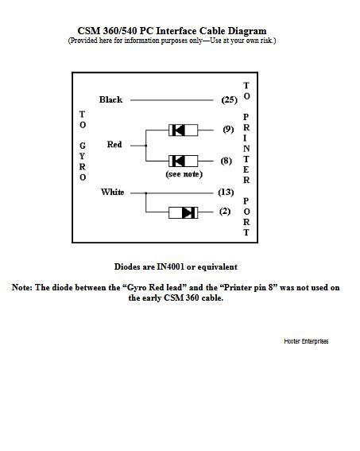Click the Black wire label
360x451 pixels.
click(x=110, y=99)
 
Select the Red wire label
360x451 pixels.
click(x=114, y=145)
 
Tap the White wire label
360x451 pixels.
click(x=112, y=192)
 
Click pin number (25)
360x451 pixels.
click(x=230, y=99)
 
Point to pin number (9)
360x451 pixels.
click(x=228, y=130)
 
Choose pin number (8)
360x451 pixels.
click(x=226, y=161)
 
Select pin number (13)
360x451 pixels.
click(x=226, y=192)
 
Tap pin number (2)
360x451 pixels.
click(x=225, y=212)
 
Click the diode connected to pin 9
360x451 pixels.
click(x=184, y=130)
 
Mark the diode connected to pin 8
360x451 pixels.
click(x=184, y=161)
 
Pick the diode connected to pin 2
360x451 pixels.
click(x=184, y=212)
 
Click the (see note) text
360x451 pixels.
click(x=184, y=174)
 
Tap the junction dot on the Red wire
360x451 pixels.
click(x=145, y=146)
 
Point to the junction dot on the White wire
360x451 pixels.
click(x=145, y=193)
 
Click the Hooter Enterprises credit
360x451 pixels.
click(x=306, y=341)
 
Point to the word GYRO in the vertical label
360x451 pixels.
click(x=83, y=161)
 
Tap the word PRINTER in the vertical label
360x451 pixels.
click(x=246, y=149)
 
